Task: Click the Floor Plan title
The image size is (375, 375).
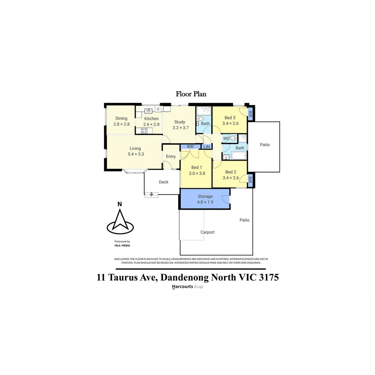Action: [x=191, y=94]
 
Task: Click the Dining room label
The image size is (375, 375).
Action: [x=121, y=118]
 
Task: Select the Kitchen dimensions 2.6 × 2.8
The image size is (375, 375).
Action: [x=151, y=124]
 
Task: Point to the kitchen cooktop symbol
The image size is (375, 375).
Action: [x=144, y=131]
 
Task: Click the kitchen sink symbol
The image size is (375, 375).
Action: [x=148, y=111]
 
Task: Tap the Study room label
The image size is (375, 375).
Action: [x=180, y=122]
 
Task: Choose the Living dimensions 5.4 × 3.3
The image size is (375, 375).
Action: [x=135, y=154]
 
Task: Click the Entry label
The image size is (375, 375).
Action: [x=171, y=157]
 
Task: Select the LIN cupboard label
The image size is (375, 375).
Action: [x=207, y=147]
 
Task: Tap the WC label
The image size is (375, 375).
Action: [x=226, y=139]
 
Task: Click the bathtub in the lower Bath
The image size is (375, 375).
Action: [x=239, y=155]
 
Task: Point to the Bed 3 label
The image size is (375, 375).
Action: [x=230, y=118]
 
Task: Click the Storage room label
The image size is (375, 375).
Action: [x=205, y=196]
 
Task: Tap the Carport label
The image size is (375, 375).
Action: [x=207, y=232]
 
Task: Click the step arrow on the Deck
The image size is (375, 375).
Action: [x=151, y=194]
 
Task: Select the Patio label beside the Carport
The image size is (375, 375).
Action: [x=244, y=220]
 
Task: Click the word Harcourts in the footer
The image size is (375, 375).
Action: [x=182, y=287]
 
